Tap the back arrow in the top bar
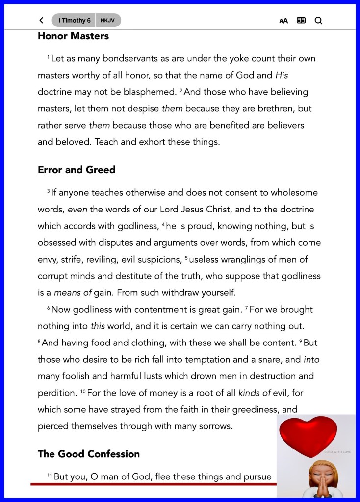41,20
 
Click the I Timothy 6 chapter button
74,20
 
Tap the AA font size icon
283,21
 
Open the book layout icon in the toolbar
301,21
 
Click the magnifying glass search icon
318,21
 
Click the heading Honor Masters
73,36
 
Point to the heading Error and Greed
77,170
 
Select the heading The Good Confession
89,454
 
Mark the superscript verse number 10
83,391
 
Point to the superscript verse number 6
49,308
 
